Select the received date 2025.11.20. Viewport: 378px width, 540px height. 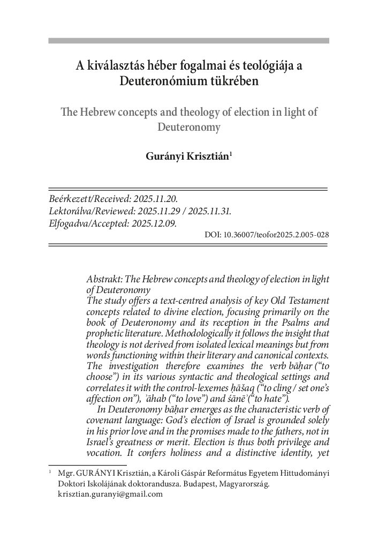(154, 199)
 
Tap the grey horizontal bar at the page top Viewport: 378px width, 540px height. (188, 41)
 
